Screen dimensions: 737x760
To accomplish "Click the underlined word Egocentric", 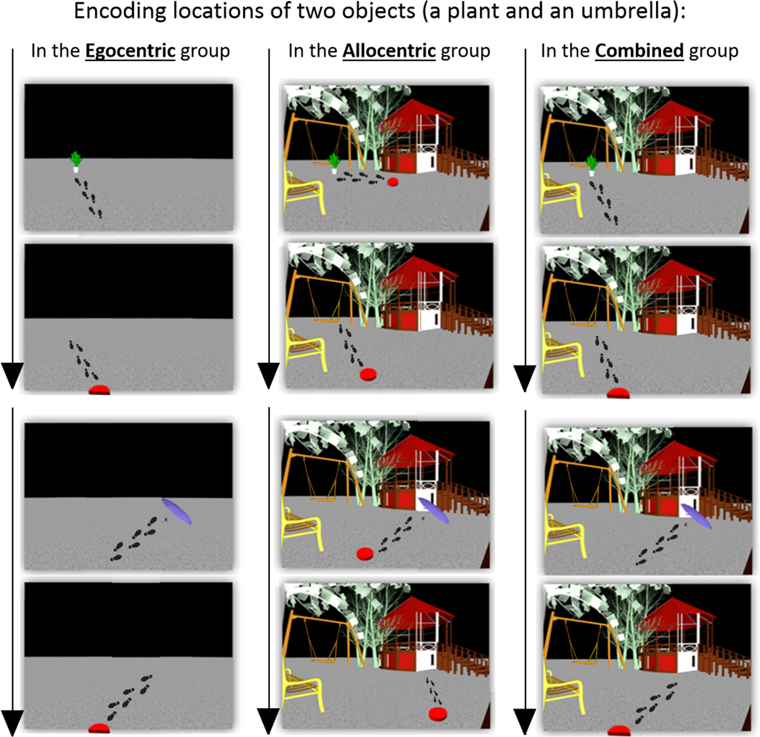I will click(130, 51).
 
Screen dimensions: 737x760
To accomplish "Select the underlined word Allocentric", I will click(389, 51).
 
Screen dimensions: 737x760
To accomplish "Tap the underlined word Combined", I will click(639, 51).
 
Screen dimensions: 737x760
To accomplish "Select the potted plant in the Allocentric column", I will click(334, 163).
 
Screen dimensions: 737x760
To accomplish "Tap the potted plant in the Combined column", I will click(591, 165).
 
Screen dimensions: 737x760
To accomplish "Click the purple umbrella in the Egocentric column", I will click(177, 511).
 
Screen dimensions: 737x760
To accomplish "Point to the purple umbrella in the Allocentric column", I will click(433, 510).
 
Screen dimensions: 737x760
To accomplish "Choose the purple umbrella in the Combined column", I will click(696, 516).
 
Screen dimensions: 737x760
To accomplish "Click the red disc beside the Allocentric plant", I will click(393, 182).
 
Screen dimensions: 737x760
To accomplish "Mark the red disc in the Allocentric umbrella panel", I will click(365, 553).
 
